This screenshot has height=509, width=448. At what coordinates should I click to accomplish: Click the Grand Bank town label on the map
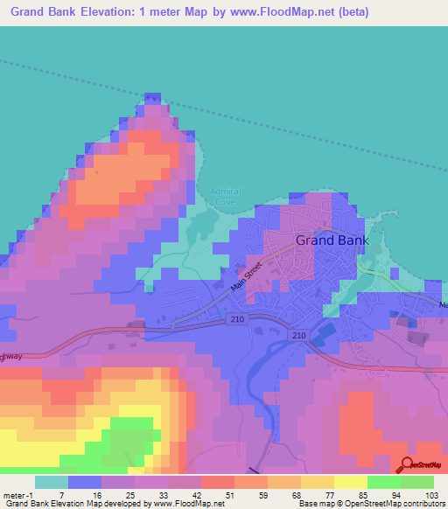(332, 240)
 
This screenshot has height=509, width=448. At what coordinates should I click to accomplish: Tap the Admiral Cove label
(226, 196)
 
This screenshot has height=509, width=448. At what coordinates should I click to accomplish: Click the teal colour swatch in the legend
(51, 482)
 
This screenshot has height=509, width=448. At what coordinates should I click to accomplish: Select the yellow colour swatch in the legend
(350, 482)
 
